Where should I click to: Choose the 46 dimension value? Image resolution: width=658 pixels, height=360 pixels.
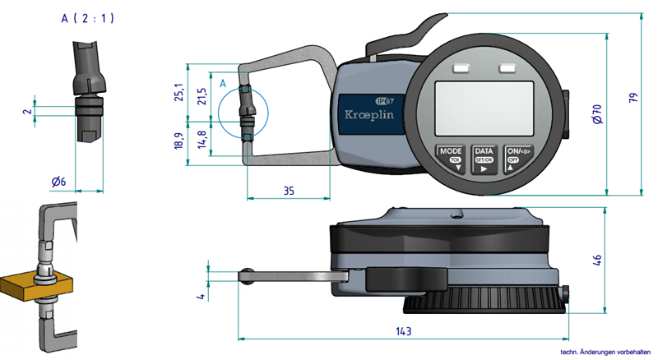(598, 261)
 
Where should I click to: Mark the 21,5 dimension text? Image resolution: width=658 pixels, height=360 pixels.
(203, 95)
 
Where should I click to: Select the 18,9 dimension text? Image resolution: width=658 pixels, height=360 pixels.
(182, 141)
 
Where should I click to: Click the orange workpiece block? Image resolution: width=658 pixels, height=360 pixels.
(33, 284)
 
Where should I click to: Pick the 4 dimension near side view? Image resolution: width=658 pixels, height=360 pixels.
(200, 293)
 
